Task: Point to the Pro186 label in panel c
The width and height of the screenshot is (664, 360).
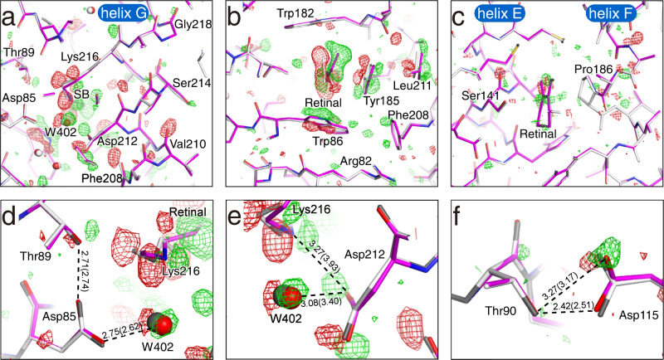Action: [587, 66]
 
